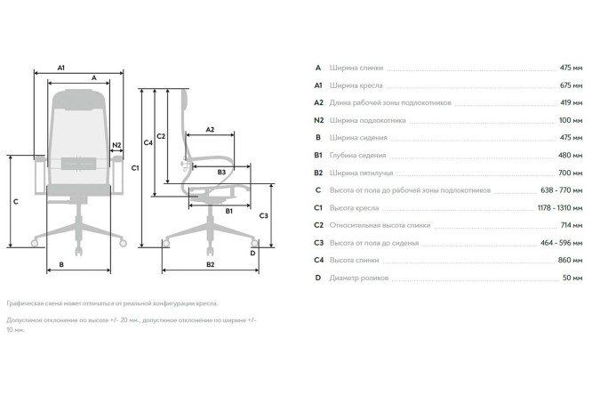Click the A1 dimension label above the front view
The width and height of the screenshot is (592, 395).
[61, 68]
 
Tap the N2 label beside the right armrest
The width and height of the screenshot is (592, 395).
[116, 145]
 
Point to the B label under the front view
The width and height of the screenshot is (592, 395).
[61, 264]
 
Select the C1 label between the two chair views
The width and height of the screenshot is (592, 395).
[135, 168]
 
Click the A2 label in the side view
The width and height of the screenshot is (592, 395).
[210, 129]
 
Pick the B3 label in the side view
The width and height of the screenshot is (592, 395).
[221, 172]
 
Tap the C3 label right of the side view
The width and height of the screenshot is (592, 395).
[263, 215]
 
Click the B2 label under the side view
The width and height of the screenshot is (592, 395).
[211, 264]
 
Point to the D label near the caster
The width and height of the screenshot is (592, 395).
[253, 253]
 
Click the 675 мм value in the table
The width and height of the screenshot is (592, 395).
[571, 85]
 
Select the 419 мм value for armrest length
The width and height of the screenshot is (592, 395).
[572, 103]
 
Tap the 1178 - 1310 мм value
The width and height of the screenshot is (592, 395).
[560, 208]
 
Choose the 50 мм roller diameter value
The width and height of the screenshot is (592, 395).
[572, 278]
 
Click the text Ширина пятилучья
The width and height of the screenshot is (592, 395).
[361, 173]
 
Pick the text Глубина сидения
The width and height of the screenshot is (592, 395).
[357, 156]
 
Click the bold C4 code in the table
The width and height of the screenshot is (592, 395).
[318, 260]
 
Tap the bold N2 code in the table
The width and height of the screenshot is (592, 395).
[318, 120]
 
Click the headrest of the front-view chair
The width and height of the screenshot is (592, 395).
[79, 100]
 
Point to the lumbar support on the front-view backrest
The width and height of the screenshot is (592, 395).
[79, 164]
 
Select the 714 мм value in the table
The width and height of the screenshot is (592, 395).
[572, 225]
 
